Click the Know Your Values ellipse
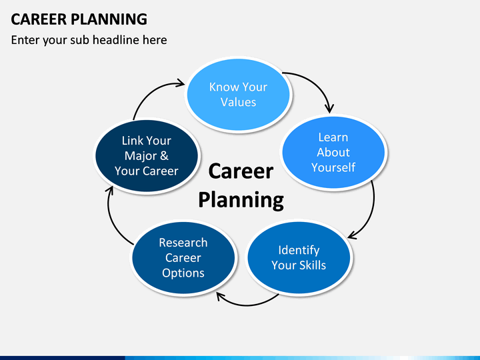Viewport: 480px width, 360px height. (238, 95)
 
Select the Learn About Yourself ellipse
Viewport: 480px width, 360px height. (333, 152)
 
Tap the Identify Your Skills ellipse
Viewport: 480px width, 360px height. (299, 257)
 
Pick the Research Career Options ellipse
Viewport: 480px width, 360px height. (183, 257)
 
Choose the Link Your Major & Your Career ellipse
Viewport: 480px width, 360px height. (147, 155)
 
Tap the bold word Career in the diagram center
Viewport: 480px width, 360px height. (241, 171)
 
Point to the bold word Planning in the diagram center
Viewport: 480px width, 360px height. (241, 201)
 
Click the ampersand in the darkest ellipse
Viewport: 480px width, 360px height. (164, 155)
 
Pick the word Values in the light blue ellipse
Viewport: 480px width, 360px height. (238, 102)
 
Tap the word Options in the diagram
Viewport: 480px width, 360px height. (183, 273)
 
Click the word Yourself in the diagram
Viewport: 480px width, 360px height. (333, 167)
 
